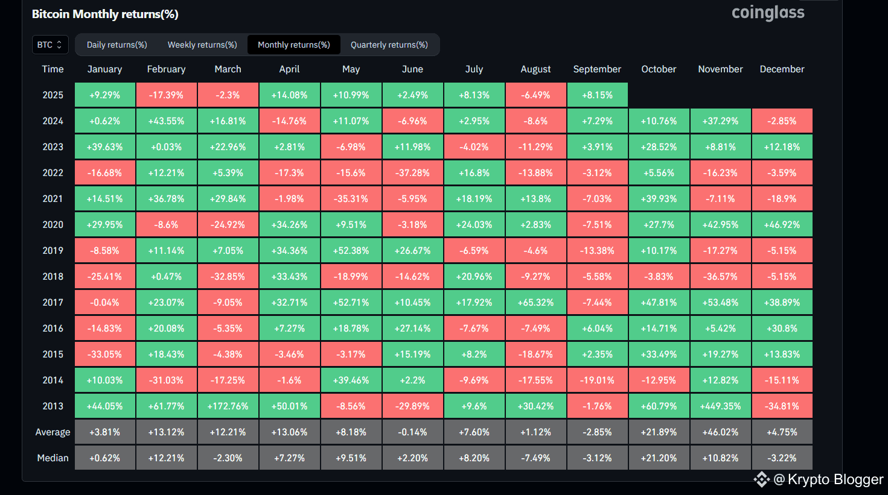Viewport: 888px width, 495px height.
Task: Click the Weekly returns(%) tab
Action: (202, 45)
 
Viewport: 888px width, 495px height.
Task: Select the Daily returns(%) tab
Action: (117, 45)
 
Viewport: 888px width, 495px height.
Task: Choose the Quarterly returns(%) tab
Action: (389, 45)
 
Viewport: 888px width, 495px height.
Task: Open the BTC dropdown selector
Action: (50, 45)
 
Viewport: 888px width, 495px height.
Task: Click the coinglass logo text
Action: (768, 13)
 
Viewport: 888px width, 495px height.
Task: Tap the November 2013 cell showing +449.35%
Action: (720, 406)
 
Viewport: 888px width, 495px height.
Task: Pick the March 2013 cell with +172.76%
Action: (228, 406)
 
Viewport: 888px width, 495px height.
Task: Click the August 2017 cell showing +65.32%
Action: (535, 303)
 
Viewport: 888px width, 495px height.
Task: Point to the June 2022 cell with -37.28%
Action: (412, 173)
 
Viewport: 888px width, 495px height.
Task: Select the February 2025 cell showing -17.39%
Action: (166, 95)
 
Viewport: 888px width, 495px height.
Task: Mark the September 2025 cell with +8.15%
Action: (597, 95)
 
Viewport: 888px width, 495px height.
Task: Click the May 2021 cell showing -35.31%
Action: (351, 199)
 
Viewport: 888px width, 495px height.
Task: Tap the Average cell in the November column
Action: (720, 432)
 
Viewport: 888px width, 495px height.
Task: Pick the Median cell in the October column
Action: (659, 458)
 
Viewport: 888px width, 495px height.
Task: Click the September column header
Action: (597, 69)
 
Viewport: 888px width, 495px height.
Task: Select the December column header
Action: (782, 69)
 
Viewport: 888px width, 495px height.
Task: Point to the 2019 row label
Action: (53, 251)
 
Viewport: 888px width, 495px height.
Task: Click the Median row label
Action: (53, 458)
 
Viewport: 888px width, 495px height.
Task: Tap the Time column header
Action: (53, 69)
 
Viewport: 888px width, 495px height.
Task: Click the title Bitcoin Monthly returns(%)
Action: (105, 14)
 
